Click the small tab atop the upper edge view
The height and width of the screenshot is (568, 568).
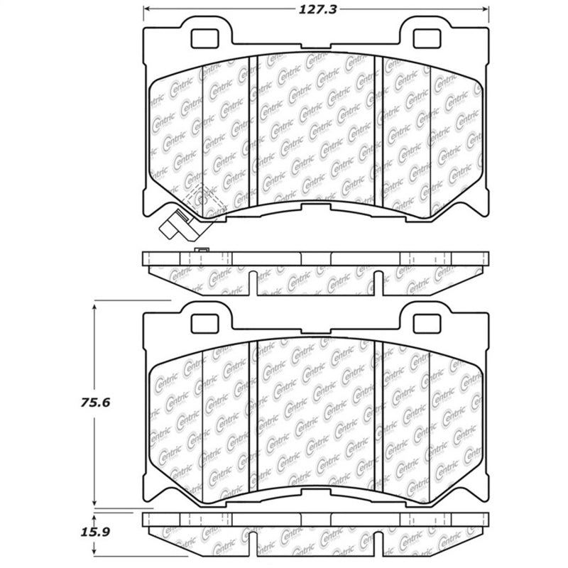coord(202,250)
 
